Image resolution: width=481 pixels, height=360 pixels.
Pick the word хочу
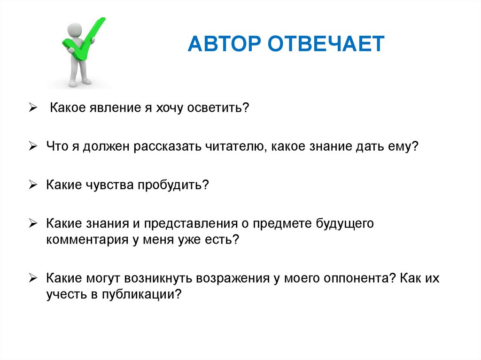click(165, 108)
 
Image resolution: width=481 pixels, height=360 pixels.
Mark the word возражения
click(230, 278)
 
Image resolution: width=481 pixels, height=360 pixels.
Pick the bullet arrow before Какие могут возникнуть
click(32, 278)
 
